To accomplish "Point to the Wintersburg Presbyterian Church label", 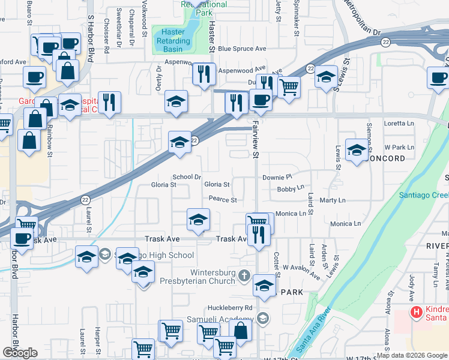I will coord(197,276).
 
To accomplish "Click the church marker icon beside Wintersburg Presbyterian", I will coord(243,276).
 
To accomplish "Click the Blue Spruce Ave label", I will coord(242,49).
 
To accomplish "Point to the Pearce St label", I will coord(223,199).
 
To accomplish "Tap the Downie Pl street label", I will coord(277,178).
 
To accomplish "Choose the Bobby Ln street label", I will coord(291,189).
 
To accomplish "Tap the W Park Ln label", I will coord(399,147).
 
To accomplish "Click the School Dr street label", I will coord(186,177).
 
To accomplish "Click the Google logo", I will coord(20,352).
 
